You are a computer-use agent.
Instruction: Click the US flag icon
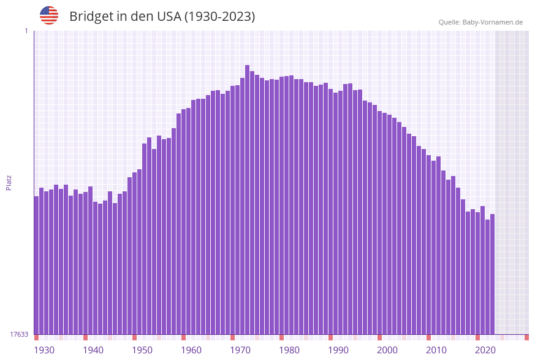[x=49, y=15]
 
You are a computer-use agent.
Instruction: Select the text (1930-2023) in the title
[x=219, y=17]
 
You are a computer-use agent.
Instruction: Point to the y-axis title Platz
[x=9, y=182]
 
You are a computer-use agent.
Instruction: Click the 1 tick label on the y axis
[x=26, y=31]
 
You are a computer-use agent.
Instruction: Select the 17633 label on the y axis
[x=19, y=334]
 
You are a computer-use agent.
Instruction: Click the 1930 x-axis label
[x=44, y=350]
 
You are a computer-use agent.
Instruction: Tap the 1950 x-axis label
[x=142, y=350]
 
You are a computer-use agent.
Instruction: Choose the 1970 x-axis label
[x=240, y=350]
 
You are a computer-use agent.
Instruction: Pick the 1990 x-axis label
[x=338, y=350]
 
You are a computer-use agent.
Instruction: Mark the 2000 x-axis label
[x=387, y=350]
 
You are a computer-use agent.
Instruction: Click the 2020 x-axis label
[x=485, y=350]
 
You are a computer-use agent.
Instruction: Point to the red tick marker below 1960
[x=183, y=337]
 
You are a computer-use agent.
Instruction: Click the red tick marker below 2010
[x=428, y=337]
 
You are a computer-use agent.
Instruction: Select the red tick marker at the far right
[x=526, y=337]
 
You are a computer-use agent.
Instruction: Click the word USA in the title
[x=169, y=17]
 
